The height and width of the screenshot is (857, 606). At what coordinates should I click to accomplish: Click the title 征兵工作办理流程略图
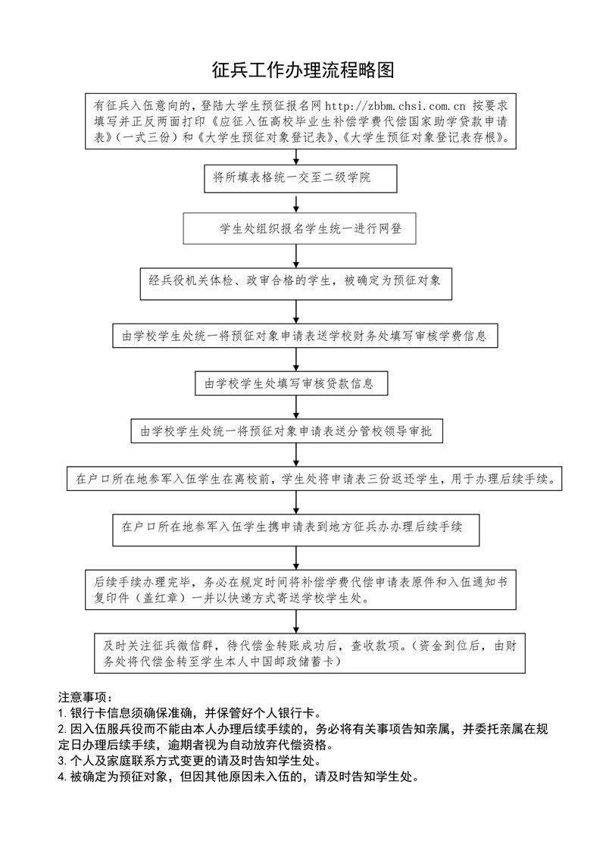(303, 70)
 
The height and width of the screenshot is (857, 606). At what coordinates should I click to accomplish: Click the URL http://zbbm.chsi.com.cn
(395, 105)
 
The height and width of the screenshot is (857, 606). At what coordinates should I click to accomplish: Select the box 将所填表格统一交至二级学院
(301, 178)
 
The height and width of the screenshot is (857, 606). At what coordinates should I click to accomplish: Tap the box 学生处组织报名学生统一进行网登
(299, 229)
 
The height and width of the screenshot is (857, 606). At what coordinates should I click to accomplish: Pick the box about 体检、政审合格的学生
(295, 283)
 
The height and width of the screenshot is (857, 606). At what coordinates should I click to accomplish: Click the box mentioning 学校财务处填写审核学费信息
(305, 336)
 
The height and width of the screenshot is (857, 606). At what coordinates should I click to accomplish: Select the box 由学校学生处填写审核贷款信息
(292, 383)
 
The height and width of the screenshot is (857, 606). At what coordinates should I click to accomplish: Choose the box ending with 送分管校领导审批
(287, 431)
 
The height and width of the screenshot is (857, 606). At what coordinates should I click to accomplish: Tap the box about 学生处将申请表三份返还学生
(314, 480)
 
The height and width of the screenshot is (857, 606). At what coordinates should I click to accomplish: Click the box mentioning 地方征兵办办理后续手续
(295, 530)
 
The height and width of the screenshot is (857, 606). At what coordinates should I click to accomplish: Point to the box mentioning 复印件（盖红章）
(301, 590)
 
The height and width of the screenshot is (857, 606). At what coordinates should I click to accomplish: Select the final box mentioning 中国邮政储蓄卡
(310, 653)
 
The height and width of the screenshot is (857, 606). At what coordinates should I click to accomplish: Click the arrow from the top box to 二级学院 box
(296, 157)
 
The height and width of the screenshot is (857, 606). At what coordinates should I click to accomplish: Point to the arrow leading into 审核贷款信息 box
(296, 360)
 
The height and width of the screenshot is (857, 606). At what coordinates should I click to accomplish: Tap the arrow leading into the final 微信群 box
(296, 621)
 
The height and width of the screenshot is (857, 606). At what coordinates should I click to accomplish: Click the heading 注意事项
(86, 697)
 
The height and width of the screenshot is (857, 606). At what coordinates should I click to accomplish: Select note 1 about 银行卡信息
(189, 713)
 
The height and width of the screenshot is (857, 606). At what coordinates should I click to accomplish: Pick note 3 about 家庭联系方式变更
(189, 760)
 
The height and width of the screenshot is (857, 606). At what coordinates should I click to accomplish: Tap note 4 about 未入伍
(239, 776)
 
